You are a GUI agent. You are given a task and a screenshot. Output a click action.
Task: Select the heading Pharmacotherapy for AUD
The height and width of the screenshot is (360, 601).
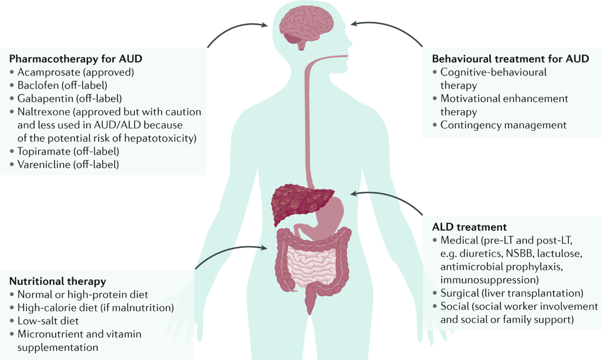coord(76,59)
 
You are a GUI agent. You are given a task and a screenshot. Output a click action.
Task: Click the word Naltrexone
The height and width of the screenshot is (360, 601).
coord(39,111)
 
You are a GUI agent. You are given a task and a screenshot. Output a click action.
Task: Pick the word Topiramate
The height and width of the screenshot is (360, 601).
coord(39,150)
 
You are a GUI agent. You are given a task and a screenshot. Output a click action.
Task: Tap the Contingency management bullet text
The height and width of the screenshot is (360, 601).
coord(503,125)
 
